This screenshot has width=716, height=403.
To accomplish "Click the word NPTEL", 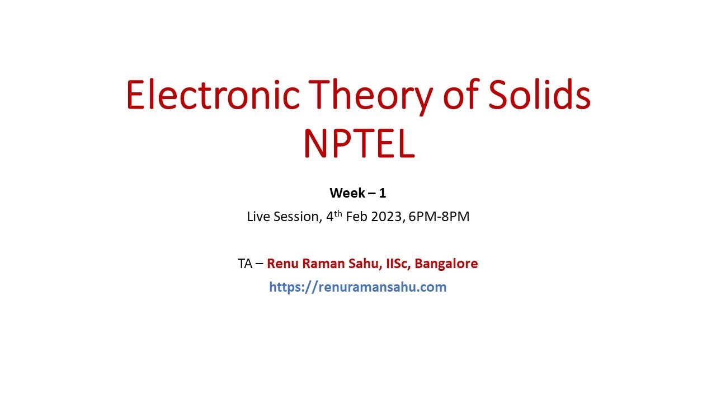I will pos(359,143).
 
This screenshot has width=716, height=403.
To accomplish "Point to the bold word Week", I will pos(347,193).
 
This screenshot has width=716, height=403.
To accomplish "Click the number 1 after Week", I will pos(383,193).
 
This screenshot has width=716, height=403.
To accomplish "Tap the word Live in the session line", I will pos(258,217).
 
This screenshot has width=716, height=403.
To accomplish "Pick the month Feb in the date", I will pos(356,217).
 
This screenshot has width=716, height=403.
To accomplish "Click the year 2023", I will pos(387,217).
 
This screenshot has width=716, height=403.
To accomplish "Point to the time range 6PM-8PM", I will pos(439,217).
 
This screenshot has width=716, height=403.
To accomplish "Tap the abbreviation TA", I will pos(245,264).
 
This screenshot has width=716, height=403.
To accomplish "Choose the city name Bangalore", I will pos(446,264).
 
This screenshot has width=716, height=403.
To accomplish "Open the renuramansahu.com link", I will pos(358,287).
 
